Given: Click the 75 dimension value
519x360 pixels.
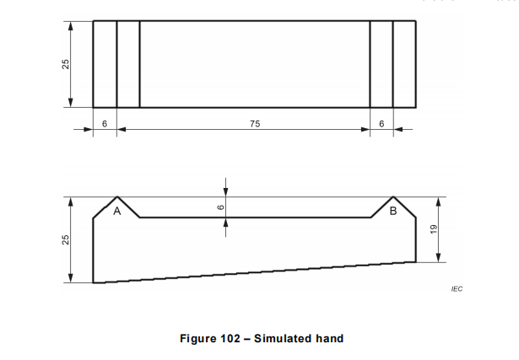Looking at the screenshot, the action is point(255,124).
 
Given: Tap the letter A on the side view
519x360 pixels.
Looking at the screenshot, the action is point(116,211).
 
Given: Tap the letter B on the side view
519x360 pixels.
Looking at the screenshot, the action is point(393,211).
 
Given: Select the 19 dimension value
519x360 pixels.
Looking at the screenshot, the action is point(433,228).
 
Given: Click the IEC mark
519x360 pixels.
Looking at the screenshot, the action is point(457,289).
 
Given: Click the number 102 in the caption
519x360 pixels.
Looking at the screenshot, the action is point(230,339).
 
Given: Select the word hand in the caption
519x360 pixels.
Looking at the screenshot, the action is point(330,339).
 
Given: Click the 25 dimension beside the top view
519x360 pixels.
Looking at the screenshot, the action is point(66,64).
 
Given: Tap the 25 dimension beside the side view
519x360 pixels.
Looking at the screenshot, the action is point(66,239).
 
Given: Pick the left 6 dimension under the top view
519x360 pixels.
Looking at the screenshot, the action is point(105,124).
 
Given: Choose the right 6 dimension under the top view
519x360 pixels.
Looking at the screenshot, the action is point(381,124).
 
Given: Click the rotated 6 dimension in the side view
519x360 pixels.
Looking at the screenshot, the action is point(220,207).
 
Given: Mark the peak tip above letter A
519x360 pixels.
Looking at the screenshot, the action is point(117,196).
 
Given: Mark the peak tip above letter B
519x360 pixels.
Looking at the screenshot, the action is point(393,196).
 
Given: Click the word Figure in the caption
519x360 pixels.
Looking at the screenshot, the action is point(197,339).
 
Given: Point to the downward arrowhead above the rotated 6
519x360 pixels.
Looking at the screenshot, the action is point(225,192).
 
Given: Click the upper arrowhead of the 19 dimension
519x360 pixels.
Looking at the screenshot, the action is point(439,201).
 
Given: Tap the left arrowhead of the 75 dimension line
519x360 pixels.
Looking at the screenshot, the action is point(122,129).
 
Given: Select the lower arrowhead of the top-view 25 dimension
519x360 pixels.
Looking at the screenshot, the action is point(70,103).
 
